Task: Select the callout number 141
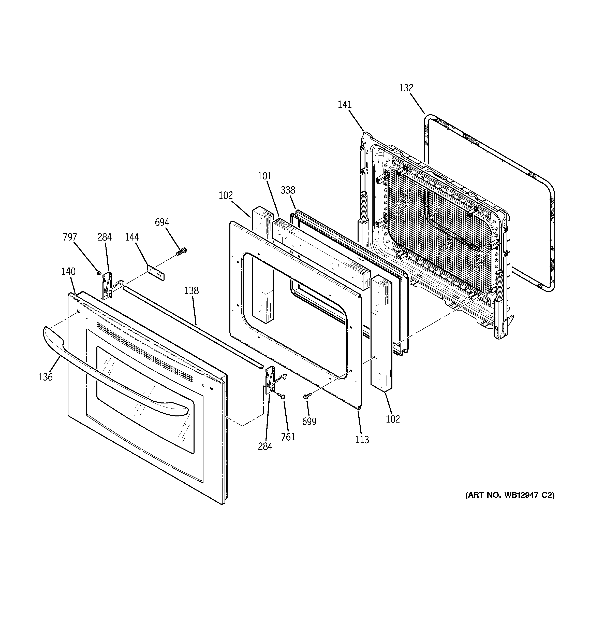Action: coord(345,105)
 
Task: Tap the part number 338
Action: coord(288,190)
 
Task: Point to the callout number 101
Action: coord(264,176)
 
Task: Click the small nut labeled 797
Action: coord(99,273)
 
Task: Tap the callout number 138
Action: coord(191,291)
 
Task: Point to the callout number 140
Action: coord(68,271)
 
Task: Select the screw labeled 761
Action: coord(282,396)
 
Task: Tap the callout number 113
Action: coord(362,440)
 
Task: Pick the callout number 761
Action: coord(288,437)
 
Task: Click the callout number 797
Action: coord(70,237)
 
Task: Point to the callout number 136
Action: coord(45,377)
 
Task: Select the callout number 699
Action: coord(309,422)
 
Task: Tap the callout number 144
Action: coord(132,237)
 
